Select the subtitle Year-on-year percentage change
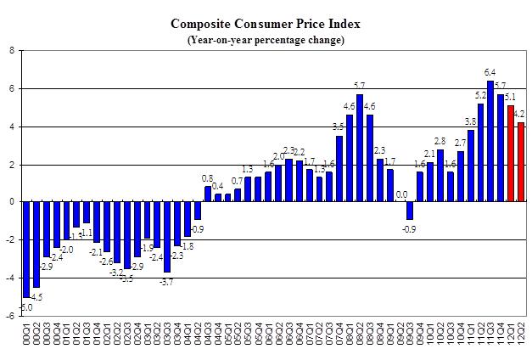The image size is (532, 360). tap(266, 40)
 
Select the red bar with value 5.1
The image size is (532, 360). tap(510, 153)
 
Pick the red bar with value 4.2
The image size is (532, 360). tap(520, 161)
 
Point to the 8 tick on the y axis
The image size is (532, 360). tap(11, 50)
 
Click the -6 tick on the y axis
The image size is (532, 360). tap(9, 316)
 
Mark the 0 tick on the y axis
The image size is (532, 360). tap(11, 202)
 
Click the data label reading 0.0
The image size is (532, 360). tap(401, 194)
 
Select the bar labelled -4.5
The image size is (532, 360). tap(36, 245)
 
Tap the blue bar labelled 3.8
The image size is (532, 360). tap(469, 166)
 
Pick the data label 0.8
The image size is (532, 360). tap(207, 178)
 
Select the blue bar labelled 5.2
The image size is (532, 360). tap(480, 152)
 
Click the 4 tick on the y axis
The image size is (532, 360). tap(11, 127)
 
